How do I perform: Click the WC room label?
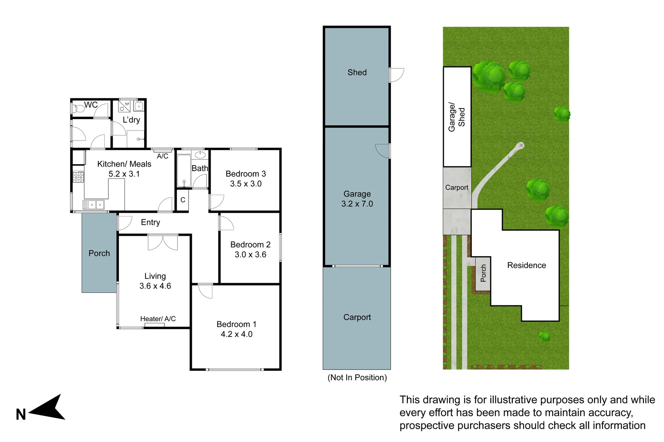point(91,105)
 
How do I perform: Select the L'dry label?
point(131,120)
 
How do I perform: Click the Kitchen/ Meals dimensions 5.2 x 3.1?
point(124,174)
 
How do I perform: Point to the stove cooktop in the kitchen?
point(78,177)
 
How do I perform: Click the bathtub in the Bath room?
point(184,171)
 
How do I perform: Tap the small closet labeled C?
point(183,200)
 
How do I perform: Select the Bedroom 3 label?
point(246,174)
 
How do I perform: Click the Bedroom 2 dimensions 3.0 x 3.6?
point(250,255)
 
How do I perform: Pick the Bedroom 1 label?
point(236,324)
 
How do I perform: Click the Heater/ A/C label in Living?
point(158,319)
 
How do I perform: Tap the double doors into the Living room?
point(163,242)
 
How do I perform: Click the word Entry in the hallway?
point(150,222)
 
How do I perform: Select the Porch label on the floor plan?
point(99,253)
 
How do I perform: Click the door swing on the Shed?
point(396,75)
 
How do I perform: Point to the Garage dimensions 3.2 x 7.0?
point(357,204)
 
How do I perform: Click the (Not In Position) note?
point(357,377)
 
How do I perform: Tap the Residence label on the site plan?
point(527,265)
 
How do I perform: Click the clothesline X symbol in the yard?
point(521,145)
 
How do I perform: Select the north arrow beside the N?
point(48,408)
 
